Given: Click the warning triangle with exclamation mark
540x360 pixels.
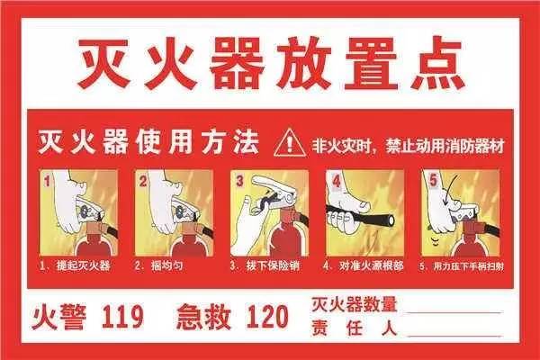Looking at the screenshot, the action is [x=290, y=143].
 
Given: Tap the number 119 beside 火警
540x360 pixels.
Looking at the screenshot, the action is [x=122, y=316].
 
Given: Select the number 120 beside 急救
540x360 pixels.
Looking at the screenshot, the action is [x=267, y=316].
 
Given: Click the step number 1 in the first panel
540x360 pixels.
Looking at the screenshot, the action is [x=48, y=181].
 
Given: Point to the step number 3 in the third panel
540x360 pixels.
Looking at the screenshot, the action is [x=239, y=181].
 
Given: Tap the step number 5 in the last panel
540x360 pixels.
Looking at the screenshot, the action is [x=433, y=180].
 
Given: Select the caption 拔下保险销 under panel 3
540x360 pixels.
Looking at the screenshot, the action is [x=273, y=266].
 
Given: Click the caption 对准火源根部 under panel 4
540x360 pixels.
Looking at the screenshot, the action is [x=371, y=266].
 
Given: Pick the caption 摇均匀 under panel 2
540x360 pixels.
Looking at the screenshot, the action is [x=166, y=266].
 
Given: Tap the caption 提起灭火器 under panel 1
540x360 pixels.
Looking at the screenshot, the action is [x=84, y=266].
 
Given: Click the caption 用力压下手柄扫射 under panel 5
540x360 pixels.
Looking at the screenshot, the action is [x=469, y=266].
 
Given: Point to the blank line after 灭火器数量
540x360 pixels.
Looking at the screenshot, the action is [x=454, y=312].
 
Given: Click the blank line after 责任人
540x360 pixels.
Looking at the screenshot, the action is [x=454, y=335].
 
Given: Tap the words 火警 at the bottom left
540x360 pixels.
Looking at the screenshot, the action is [x=58, y=316].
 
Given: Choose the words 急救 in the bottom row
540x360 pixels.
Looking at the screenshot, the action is [x=203, y=316].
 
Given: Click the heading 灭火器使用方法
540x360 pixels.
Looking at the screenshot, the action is [x=148, y=142].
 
